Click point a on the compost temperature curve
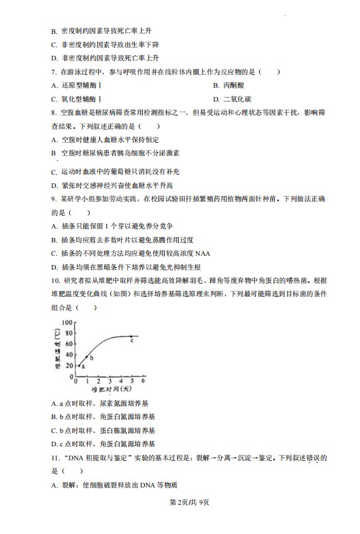point(80,365)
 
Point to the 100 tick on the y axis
point(65,323)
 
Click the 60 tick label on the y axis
point(67,345)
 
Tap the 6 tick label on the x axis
point(143,382)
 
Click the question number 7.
point(52,72)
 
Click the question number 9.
point(52,199)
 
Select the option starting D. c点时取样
point(102,444)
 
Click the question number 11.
point(54,458)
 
